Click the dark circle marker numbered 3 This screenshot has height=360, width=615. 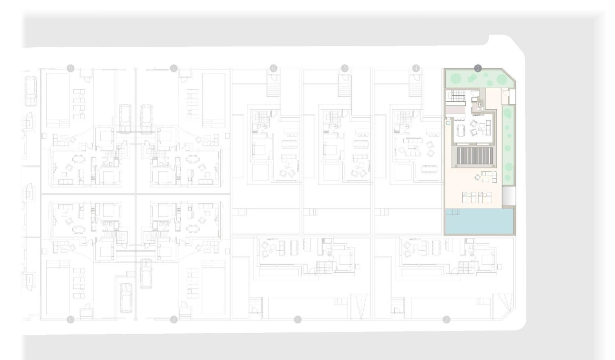(478, 69)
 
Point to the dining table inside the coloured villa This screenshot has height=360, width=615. (460, 130)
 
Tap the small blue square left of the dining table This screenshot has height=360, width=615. (448, 123)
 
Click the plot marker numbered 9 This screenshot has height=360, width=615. (71, 69)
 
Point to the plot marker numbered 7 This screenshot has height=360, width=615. (174, 69)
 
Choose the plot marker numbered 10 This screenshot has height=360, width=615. (71, 319)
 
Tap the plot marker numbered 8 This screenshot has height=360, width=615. (174, 319)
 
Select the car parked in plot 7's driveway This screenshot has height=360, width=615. (146, 118)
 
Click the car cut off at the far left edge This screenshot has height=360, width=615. (31, 92)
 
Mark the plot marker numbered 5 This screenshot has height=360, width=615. (345, 69)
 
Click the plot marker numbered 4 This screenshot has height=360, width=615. (416, 69)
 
